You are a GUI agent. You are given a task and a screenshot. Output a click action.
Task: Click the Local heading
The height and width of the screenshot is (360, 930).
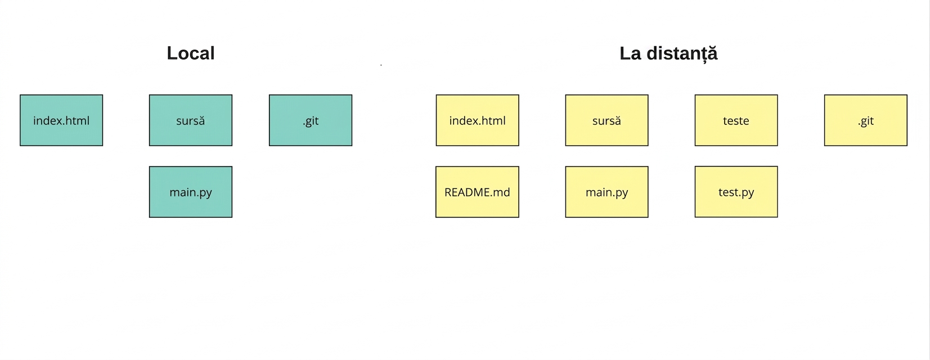191,53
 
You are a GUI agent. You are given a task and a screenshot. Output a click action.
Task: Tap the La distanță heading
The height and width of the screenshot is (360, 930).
668,53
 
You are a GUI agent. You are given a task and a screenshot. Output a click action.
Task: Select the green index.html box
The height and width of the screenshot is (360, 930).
61,120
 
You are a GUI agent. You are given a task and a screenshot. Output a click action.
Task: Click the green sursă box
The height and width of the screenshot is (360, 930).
191,120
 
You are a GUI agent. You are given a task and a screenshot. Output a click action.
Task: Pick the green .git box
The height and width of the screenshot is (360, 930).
311,120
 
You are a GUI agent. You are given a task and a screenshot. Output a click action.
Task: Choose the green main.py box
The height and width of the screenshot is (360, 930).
191,192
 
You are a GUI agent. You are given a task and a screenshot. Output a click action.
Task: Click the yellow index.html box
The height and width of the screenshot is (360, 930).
478,120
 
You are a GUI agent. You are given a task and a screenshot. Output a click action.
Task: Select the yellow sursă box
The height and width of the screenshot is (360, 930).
606,120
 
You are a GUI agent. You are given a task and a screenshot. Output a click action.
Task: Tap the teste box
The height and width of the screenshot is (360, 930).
736,120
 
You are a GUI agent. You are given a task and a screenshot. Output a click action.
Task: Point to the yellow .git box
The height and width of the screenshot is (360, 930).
866,120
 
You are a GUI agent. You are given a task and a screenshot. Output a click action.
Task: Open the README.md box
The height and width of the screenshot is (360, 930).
478,192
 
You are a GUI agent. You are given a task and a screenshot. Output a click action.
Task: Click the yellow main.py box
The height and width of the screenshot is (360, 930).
606,192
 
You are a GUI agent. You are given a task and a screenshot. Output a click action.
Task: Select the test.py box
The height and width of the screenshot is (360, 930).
736,192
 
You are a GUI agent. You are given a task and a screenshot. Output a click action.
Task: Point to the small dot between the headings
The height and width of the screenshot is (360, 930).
381,65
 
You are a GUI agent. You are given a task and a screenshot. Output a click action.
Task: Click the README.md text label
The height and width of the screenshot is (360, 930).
478,192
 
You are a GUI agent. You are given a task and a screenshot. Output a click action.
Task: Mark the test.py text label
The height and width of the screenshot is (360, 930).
736,193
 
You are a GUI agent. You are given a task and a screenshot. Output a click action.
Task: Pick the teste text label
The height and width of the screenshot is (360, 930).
736,121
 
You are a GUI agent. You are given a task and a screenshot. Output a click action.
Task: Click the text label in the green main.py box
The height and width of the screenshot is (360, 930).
191,193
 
